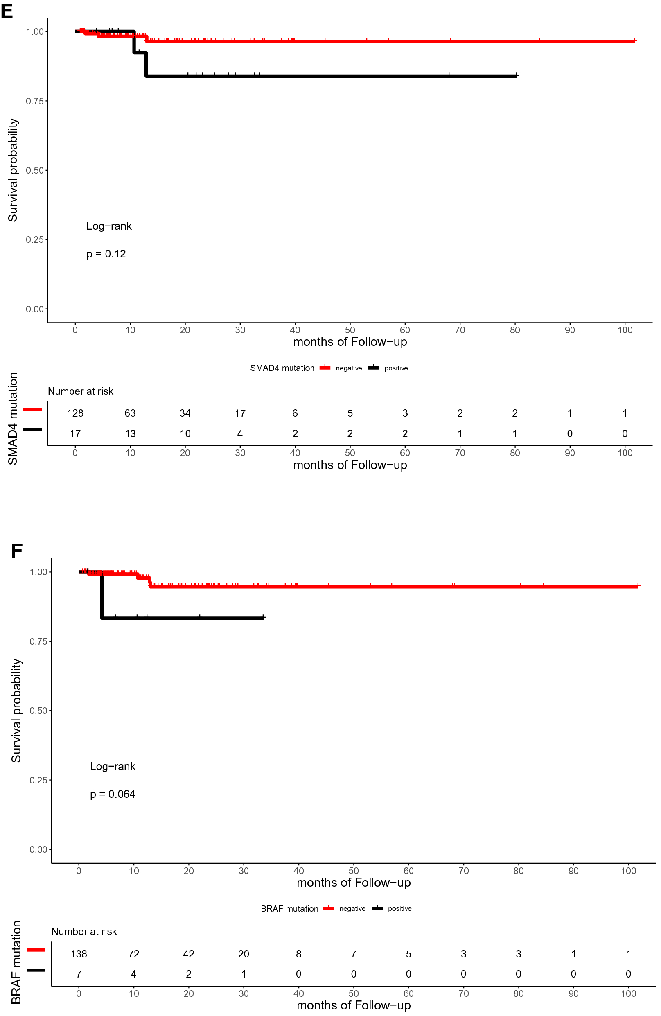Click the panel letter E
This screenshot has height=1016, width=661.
click(x=7, y=10)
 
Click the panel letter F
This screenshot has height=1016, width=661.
click(x=16, y=551)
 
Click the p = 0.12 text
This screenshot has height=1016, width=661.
click(x=106, y=254)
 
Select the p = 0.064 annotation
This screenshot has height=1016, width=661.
click(x=112, y=794)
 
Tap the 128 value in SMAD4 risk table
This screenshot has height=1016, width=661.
click(x=75, y=413)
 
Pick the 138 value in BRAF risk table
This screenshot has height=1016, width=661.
click(x=79, y=954)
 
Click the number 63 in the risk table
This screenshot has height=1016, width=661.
click(x=130, y=413)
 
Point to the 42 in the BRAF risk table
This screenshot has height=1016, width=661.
click(x=189, y=954)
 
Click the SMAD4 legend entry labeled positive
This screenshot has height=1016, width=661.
click(x=395, y=368)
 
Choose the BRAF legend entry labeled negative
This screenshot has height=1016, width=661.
click(x=352, y=908)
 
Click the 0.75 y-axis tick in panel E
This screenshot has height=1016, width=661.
click(x=34, y=101)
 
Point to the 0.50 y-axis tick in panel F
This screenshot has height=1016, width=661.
click(x=38, y=711)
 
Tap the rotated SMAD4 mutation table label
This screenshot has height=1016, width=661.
click(x=13, y=418)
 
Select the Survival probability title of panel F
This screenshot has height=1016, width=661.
click(x=16, y=710)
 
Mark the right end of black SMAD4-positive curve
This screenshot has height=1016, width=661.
click(x=517, y=76)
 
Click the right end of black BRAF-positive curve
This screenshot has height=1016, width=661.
click(x=264, y=617)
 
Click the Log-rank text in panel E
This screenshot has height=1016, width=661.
click(x=109, y=226)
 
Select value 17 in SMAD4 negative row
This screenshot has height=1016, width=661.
click(x=240, y=413)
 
